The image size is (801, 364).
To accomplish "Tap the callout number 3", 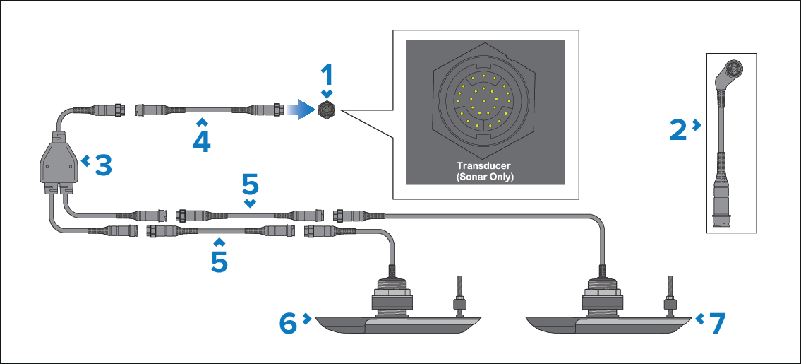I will point(103,165).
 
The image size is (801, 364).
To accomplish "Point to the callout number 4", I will point(202,141).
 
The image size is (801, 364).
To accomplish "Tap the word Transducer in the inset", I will point(484,166).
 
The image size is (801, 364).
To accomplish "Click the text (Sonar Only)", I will point(484,177).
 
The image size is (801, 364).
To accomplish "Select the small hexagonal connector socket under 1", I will point(327,110).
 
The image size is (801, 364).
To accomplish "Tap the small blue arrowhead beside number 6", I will point(307,319).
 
